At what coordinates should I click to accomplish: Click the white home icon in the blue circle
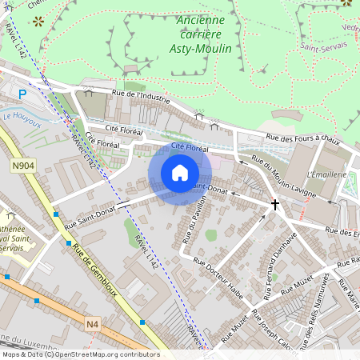point(180,173)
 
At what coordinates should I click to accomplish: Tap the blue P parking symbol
point(22,94)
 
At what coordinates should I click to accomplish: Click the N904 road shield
point(24,166)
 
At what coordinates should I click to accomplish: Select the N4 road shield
point(94,324)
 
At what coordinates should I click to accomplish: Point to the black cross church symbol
point(275,205)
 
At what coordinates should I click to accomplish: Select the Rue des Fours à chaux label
point(303,139)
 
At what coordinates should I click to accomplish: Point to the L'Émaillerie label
point(326,174)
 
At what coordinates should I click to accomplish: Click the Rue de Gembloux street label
point(94,270)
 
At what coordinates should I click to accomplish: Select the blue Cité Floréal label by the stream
point(190,148)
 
